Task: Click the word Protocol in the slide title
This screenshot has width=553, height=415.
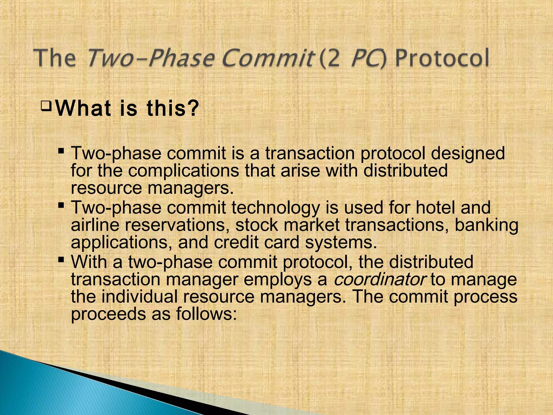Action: pos(442,58)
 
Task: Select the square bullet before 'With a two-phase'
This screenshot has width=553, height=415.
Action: pos(61,260)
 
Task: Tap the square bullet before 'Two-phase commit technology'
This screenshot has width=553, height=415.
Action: pos(61,206)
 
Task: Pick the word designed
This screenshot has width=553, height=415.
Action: pos(468,153)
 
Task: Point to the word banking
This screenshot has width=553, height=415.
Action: pos(486,225)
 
